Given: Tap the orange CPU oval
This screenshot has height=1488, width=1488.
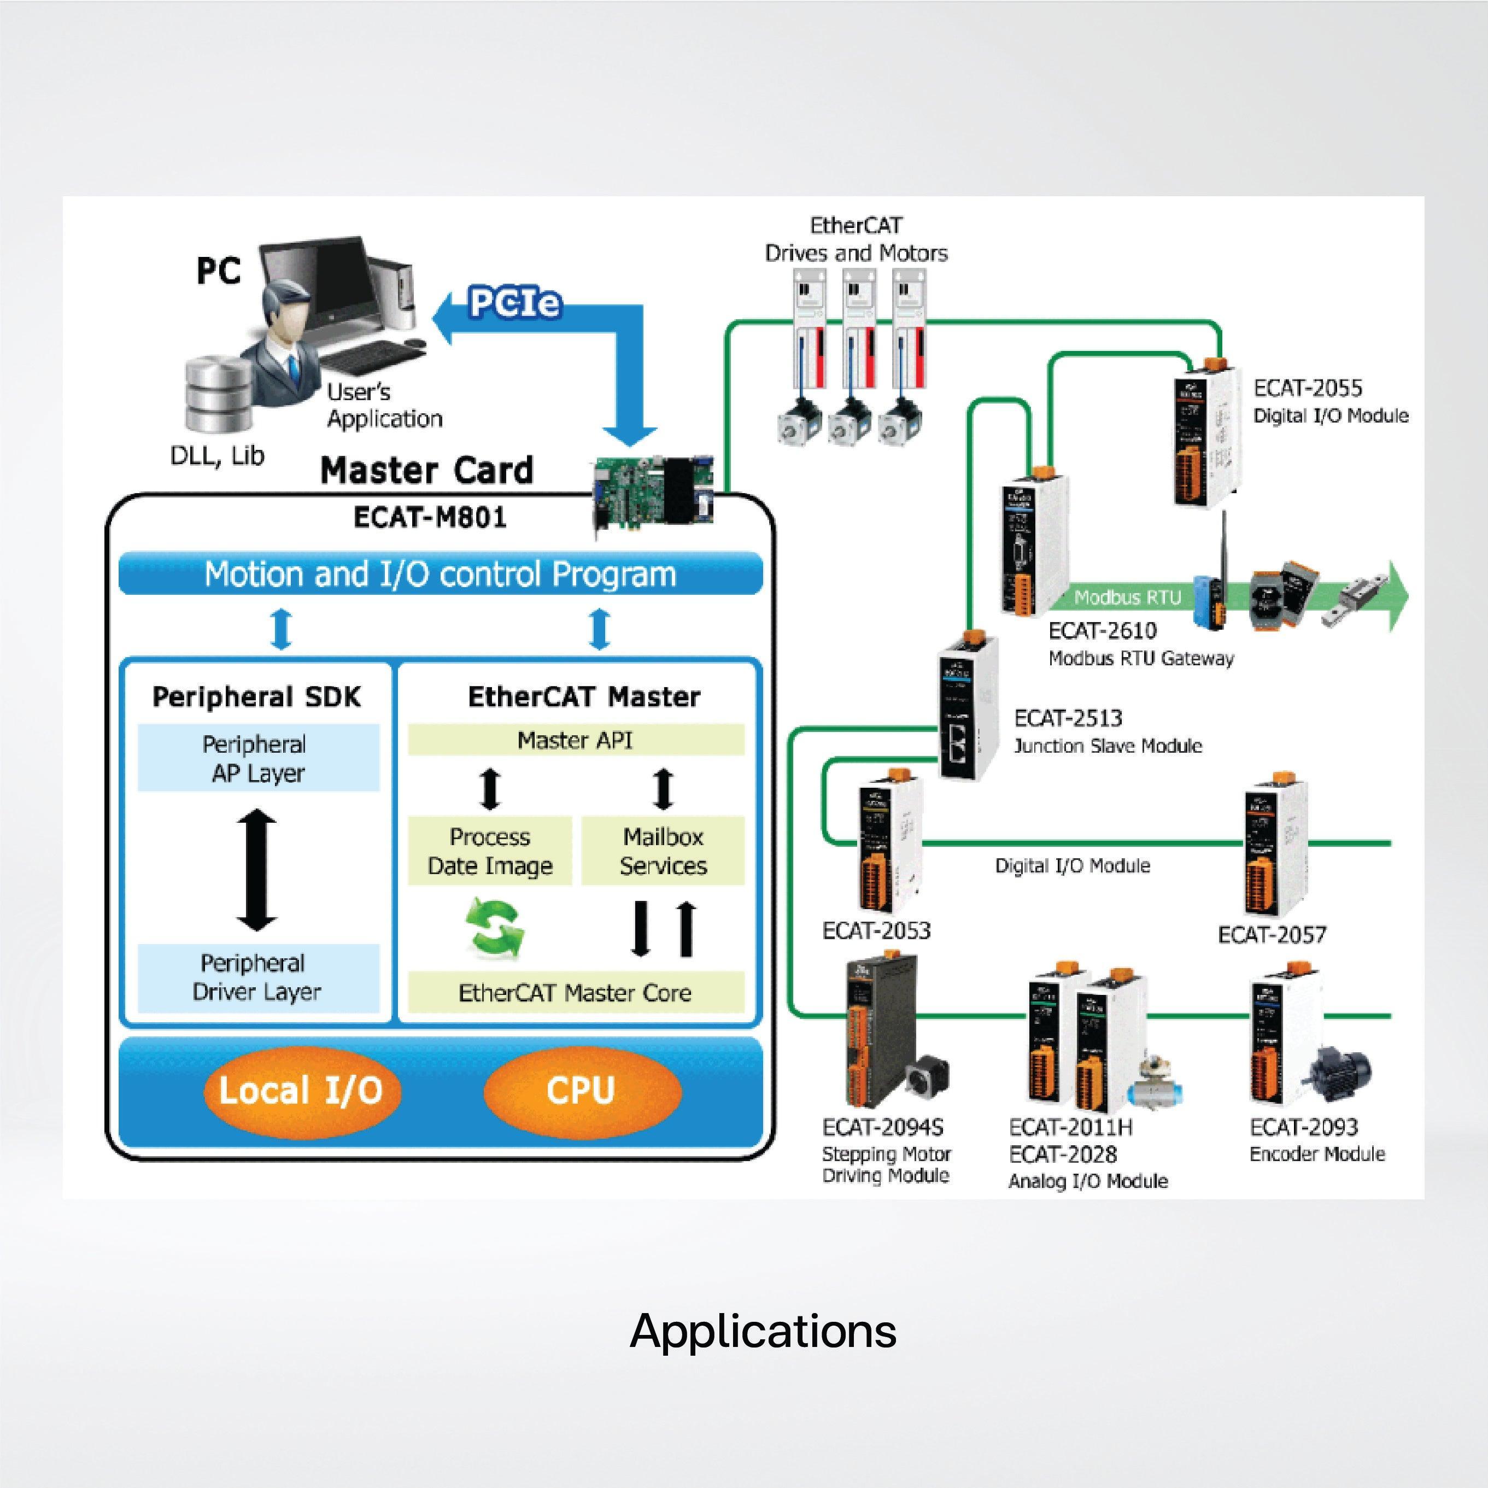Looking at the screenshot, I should click(582, 1091).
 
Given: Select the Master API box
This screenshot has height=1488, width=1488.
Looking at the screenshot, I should click(575, 740).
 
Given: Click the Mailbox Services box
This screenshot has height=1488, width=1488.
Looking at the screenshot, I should click(663, 851).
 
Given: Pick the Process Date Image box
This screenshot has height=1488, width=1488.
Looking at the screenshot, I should click(490, 851).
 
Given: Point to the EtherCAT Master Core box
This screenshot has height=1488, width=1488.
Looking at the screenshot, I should click(575, 993).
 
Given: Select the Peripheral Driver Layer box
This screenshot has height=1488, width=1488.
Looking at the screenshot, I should click(258, 977).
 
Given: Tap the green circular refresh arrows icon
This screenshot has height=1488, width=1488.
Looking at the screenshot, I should click(495, 927).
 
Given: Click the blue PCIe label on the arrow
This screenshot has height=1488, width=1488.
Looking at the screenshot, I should click(514, 303).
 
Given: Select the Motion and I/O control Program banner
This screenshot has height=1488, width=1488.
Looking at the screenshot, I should click(441, 575).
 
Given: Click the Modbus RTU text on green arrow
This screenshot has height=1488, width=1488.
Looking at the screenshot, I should click(1128, 597).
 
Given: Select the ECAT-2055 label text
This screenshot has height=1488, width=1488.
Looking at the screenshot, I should click(1307, 388).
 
